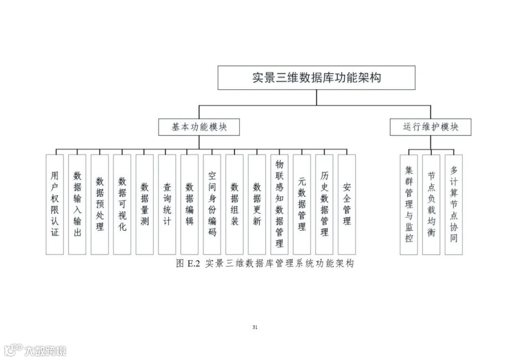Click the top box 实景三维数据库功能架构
[316, 78]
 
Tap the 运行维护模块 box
[430, 127]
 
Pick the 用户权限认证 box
[55, 204]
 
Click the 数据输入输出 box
[77, 204]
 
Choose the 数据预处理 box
[100, 204]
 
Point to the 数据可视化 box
[122, 204]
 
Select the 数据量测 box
[144, 204]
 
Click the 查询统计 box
[167, 204]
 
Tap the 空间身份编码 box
[212, 204]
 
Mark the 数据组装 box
[234, 204]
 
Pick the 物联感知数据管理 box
[280, 204]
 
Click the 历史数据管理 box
[324, 204]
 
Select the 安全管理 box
[347, 204]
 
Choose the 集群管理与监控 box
[409, 204]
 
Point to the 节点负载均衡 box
[431, 204]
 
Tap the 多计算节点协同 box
[454, 204]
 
